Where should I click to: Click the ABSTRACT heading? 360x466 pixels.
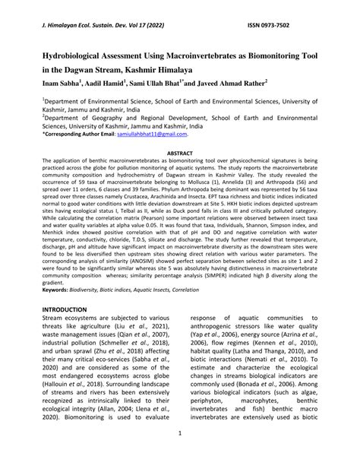(179, 153)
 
